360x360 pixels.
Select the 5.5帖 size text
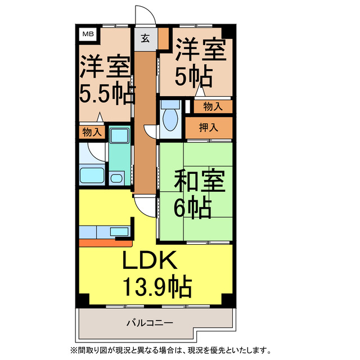106,93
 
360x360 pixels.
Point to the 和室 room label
199,183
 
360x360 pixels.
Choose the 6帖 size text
192,209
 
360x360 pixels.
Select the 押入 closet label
209,127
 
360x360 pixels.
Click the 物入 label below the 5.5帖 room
92,132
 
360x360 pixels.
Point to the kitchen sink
119,231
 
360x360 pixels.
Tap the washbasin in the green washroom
116,179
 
